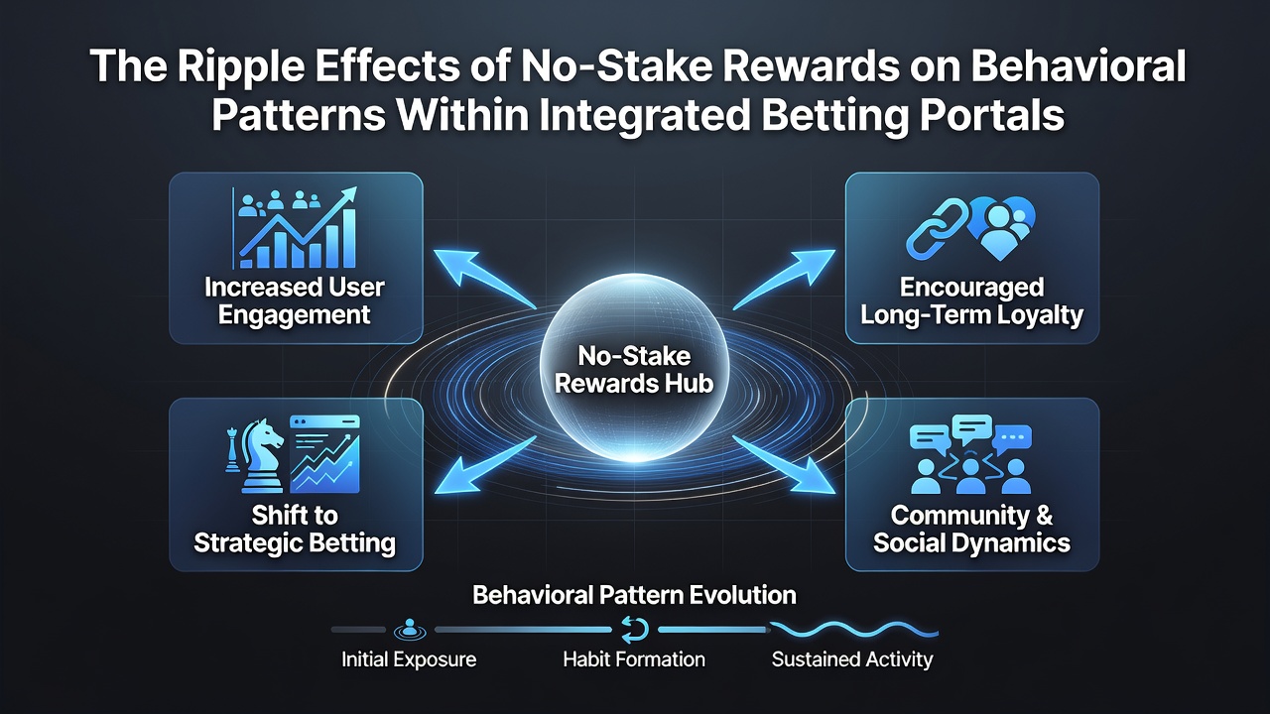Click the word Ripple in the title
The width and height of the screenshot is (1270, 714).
240,67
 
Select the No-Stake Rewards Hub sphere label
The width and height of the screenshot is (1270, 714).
634,370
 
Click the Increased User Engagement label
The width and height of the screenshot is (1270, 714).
295,300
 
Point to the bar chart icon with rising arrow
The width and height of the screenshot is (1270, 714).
296,228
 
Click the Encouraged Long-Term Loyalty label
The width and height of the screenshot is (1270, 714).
971,300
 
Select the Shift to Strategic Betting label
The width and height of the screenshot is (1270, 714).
295,530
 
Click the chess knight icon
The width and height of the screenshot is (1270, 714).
262,455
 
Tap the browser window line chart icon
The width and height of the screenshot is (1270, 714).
324,454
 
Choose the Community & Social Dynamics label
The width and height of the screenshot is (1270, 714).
971,530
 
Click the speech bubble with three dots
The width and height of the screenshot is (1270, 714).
1013,438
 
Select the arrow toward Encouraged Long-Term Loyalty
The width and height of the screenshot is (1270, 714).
785,279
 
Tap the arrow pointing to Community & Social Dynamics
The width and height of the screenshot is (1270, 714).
785,465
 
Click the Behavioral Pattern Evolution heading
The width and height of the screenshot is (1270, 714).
634,596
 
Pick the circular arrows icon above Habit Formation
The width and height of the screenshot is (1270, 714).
634,630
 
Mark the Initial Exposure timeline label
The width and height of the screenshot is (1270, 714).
409,659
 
